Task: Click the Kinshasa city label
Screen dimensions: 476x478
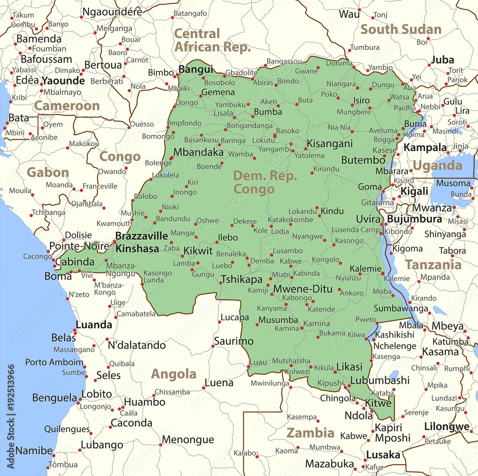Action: [137, 249]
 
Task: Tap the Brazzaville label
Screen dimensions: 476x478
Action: [142, 236]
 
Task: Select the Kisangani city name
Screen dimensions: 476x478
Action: [329, 143]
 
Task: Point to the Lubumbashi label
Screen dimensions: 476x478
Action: [380, 380]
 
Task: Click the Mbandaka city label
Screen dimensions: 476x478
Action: [198, 152]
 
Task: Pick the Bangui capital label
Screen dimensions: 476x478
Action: [196, 69]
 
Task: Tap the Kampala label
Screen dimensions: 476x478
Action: [425, 147]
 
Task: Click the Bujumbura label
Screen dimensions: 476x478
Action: [414, 219]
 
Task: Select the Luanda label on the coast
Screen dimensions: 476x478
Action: [94, 325]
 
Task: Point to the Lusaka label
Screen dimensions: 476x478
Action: [383, 455]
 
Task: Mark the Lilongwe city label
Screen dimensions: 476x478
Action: [446, 427]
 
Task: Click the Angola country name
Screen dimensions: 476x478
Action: [174, 374]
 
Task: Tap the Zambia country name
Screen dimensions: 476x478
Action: [310, 433]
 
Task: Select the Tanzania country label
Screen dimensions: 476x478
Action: [434, 264]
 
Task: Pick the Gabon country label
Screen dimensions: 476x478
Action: [48, 172]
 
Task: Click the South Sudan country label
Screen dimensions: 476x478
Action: [401, 29]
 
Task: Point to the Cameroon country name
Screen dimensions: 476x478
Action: [67, 106]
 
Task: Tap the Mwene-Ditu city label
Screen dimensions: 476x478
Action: [303, 289]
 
